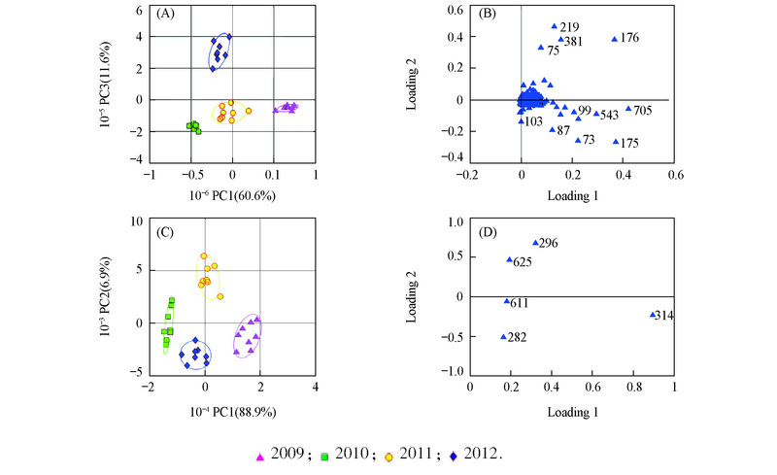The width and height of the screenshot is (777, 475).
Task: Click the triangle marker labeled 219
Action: pyautogui.click(x=555, y=26)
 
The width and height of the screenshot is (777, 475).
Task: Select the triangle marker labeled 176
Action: pyautogui.click(x=614, y=39)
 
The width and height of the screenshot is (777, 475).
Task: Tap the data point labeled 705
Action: pyautogui.click(x=628, y=109)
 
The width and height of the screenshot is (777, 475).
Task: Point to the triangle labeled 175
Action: pyautogui.click(x=616, y=142)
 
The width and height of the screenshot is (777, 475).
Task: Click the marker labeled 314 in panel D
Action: pyautogui.click(x=653, y=314)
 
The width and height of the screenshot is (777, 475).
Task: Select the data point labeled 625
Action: pyautogui.click(x=509, y=259)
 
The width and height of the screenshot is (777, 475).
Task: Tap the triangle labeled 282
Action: pyautogui.click(x=503, y=337)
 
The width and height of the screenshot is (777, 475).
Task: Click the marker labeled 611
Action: pyautogui.click(x=506, y=301)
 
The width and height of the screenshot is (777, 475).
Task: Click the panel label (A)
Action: pyautogui.click(x=164, y=15)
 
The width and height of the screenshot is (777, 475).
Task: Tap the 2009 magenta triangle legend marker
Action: pyautogui.click(x=259, y=454)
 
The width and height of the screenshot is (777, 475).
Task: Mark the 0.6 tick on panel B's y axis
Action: pyautogui.click(x=451, y=10)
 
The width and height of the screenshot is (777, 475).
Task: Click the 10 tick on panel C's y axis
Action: pyautogui.click(x=136, y=221)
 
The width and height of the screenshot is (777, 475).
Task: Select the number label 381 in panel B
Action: pyautogui.click(x=573, y=42)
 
